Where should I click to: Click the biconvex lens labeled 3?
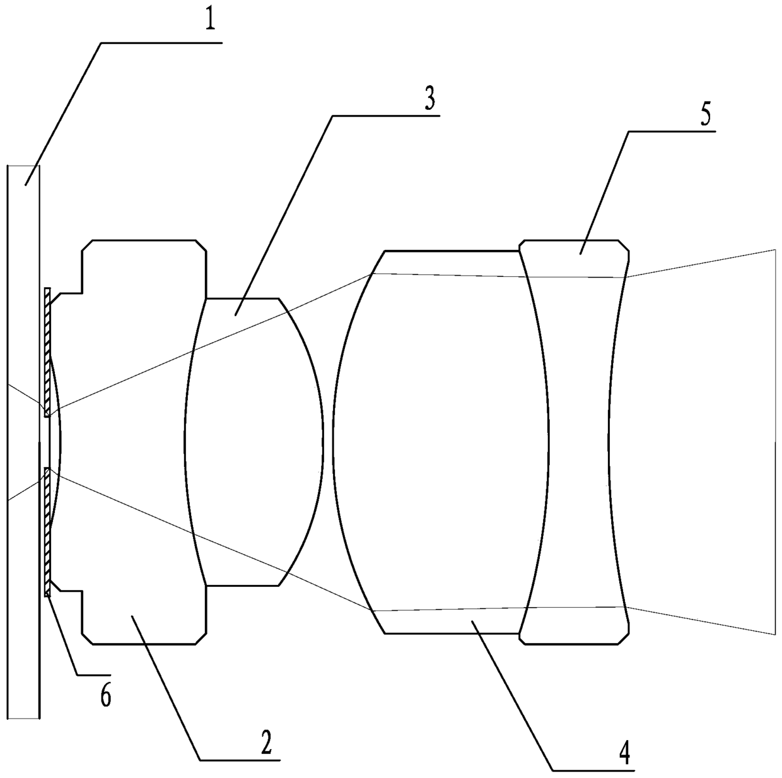252,442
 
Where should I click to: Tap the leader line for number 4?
511,694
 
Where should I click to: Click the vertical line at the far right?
774,442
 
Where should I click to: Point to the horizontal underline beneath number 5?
675,131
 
